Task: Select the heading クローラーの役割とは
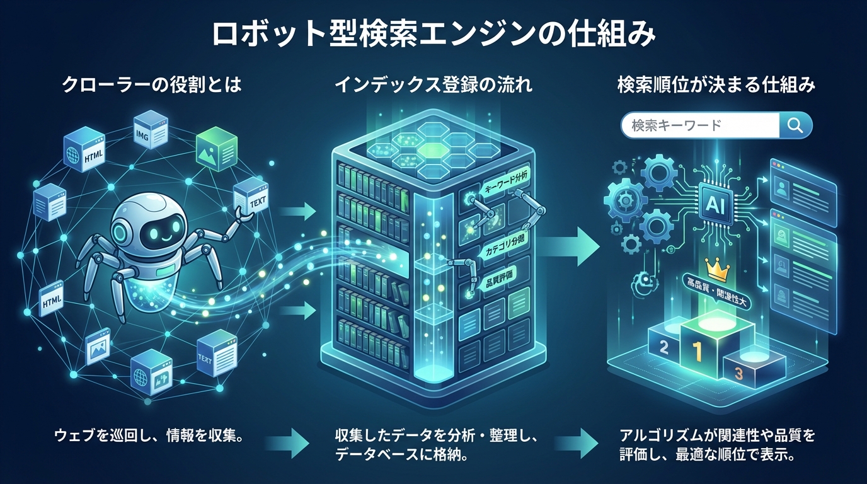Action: (152, 85)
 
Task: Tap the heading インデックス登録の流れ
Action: (433, 85)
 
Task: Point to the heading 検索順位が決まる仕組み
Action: (716, 85)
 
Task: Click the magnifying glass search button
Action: (795, 126)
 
